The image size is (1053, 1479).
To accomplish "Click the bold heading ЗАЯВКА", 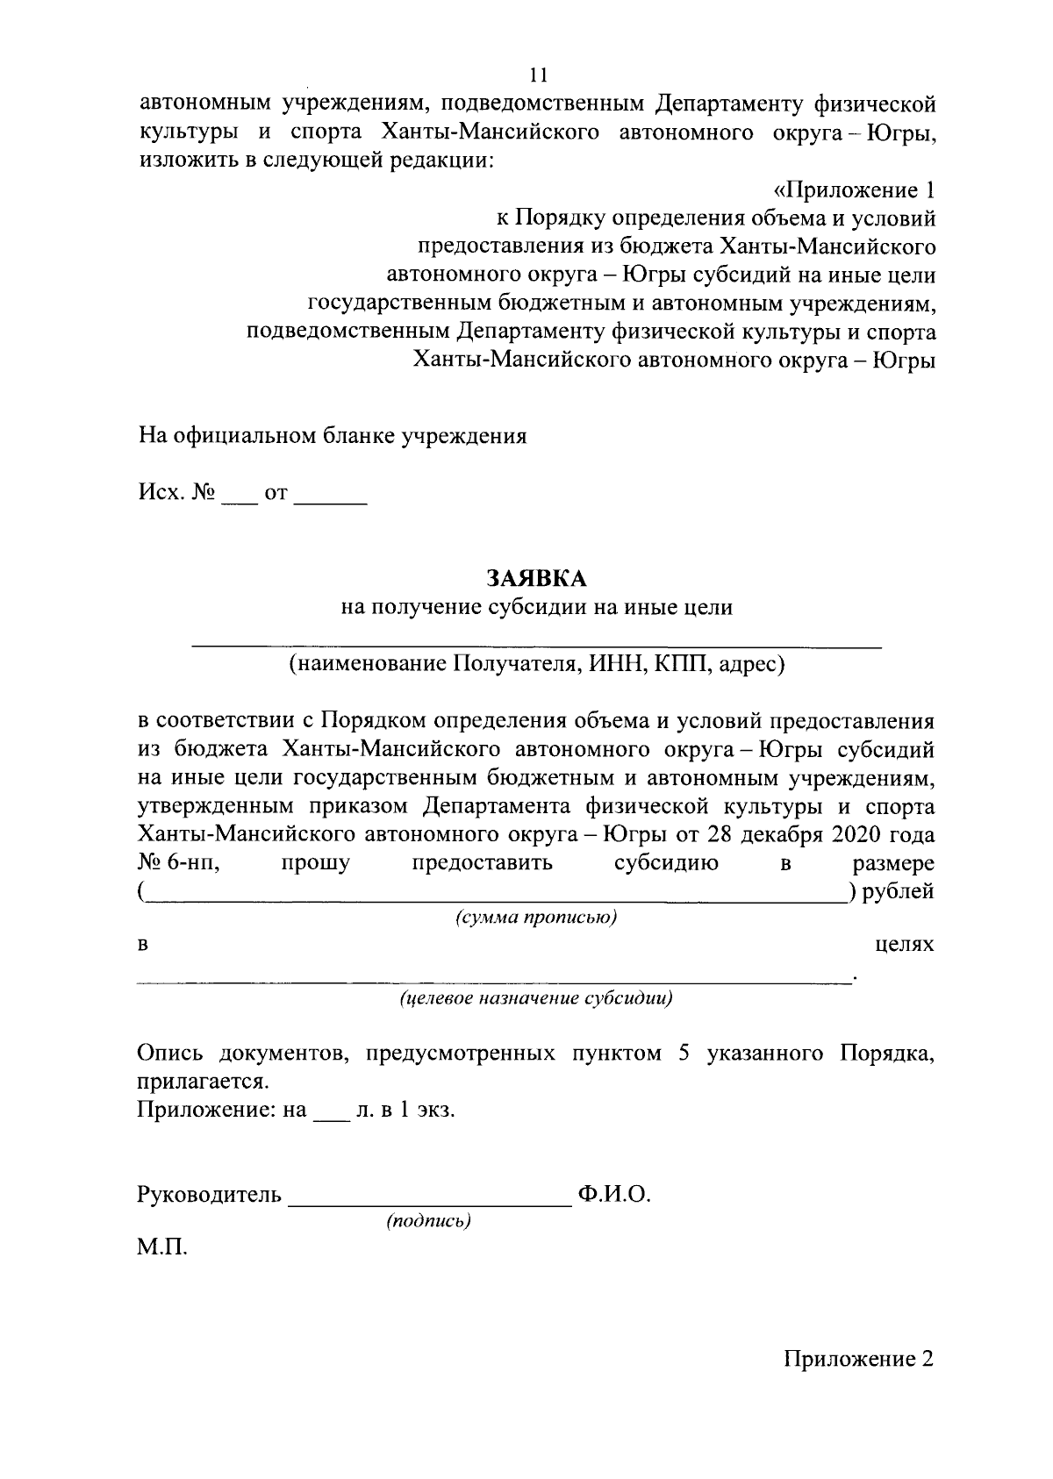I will point(536,578).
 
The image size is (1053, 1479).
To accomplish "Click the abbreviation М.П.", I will point(162,1247).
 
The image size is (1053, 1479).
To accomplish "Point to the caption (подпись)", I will point(429,1221).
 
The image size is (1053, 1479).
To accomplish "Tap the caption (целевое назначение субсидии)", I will point(536,998).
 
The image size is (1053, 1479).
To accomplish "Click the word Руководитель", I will point(210,1195).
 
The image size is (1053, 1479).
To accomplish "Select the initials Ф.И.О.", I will point(613,1195).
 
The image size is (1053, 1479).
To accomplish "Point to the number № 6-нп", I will point(178,863).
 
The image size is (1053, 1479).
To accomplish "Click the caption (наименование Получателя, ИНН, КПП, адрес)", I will point(536,665).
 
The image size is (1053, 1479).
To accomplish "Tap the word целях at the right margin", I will point(905,945).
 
